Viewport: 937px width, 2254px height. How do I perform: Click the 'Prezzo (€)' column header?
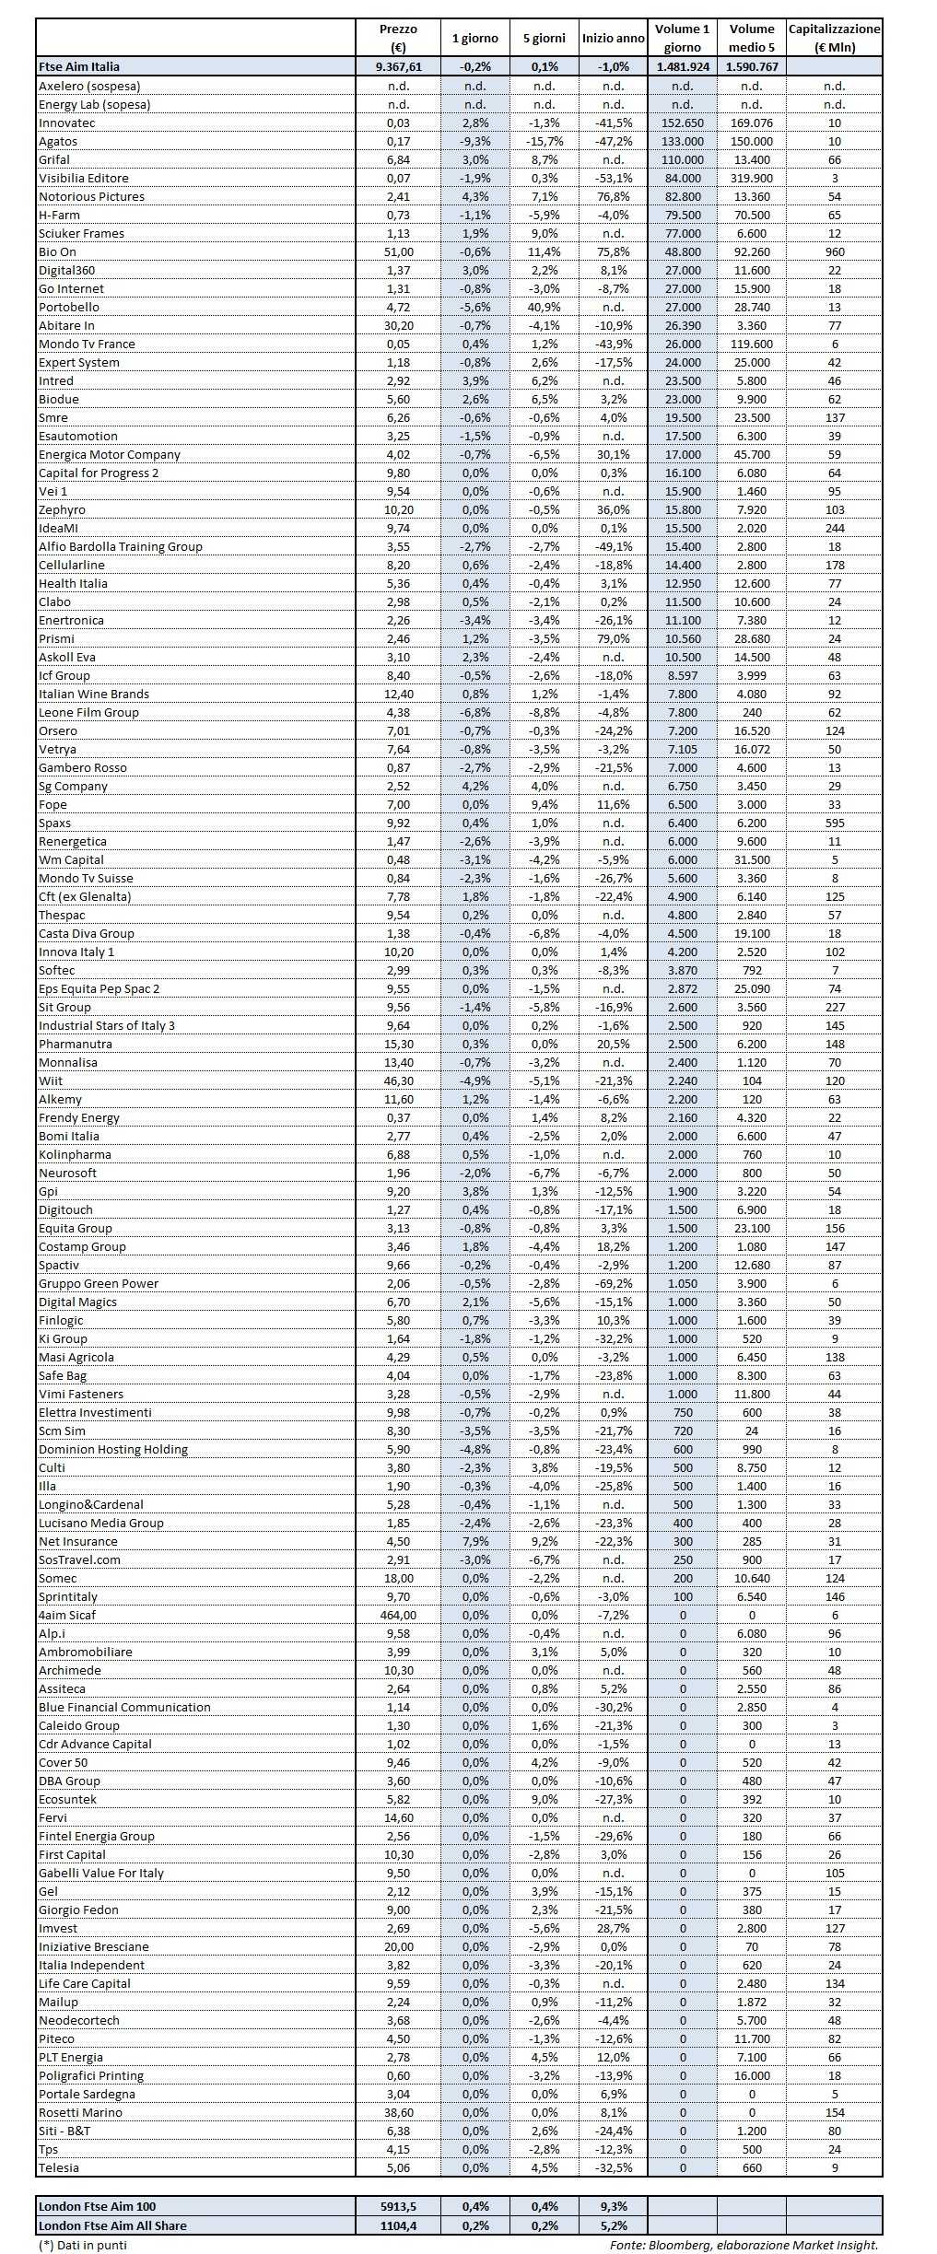click(398, 39)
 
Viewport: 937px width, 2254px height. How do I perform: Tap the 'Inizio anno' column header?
click(613, 39)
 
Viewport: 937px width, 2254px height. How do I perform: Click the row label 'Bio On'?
click(57, 251)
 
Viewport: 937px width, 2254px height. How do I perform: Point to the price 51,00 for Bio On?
click(398, 251)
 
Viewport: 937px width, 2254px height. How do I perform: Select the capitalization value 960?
click(834, 251)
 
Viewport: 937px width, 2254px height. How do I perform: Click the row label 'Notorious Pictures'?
click(91, 196)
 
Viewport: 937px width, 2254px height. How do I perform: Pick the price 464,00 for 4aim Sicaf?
click(398, 1615)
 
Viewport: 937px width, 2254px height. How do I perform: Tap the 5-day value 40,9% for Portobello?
click(544, 307)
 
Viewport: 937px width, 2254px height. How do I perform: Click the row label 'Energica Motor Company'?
click(109, 454)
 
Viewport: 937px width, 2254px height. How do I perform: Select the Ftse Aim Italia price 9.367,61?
click(398, 66)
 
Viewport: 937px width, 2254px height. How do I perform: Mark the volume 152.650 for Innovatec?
click(682, 123)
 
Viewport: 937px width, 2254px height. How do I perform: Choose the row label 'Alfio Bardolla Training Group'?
click(120, 546)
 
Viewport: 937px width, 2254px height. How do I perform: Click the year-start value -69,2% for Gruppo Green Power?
click(613, 1283)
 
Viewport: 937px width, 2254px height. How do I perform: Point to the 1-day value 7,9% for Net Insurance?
click(475, 1541)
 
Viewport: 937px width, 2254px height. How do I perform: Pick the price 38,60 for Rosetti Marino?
click(398, 2112)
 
